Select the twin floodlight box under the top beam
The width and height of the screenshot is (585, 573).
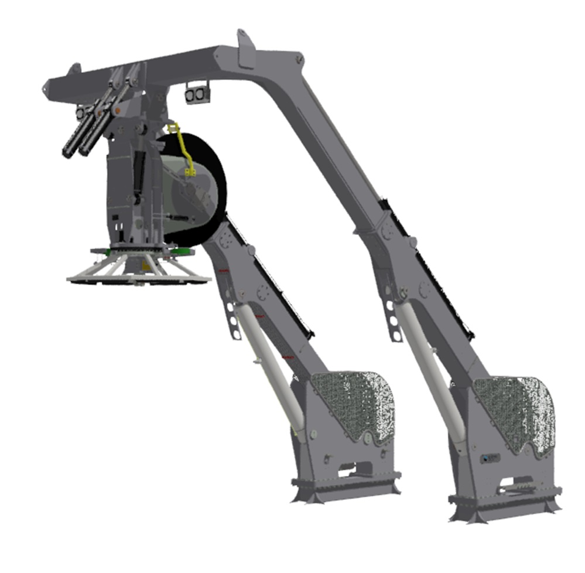point(197,93)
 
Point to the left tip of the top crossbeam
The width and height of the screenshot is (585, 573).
point(47,88)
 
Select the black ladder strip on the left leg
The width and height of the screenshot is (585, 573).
point(269,275)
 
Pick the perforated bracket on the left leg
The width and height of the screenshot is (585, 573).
point(233,319)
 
